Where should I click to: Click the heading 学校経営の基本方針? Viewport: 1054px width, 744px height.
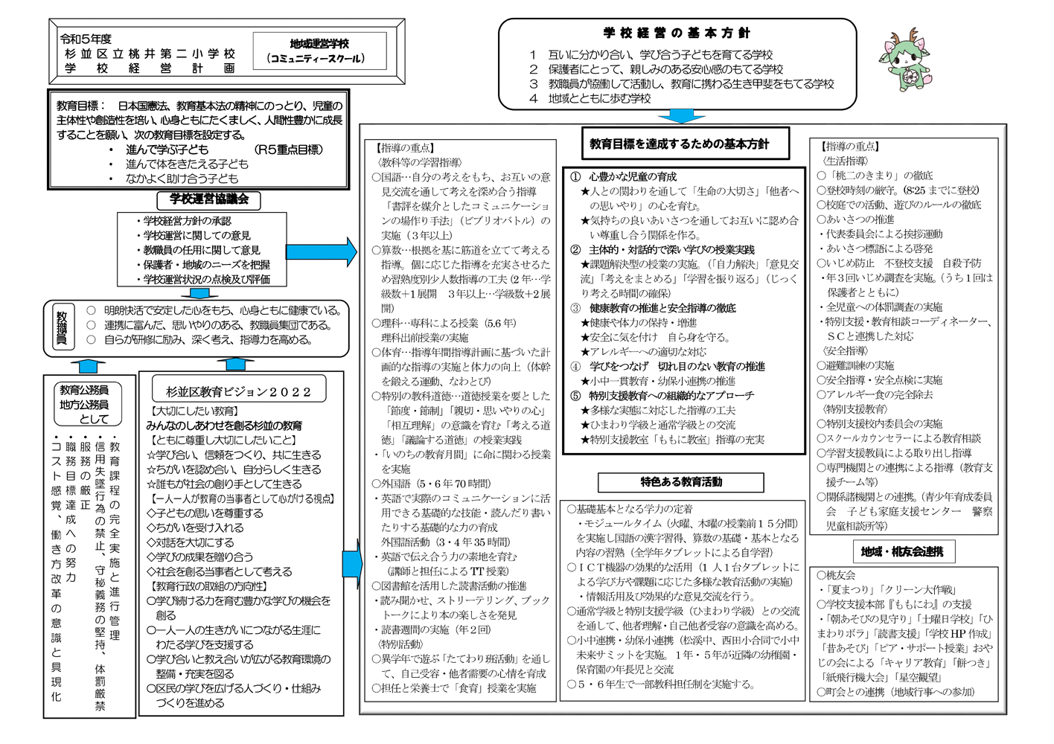pos(677,33)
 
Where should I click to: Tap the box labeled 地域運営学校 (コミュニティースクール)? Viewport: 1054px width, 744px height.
pos(319,51)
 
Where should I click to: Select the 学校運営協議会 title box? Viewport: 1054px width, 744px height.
pos(208,199)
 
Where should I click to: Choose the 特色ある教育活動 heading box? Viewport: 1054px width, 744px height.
pos(680,482)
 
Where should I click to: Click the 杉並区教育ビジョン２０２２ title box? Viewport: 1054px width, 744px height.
pos(238,391)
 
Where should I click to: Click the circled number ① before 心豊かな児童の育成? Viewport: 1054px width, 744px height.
pos(575,177)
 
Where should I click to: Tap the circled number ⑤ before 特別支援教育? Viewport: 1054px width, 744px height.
pos(575,396)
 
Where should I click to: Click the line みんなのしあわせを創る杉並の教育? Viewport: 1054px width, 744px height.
pos(224,426)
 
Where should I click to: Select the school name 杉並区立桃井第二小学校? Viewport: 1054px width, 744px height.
pos(150,54)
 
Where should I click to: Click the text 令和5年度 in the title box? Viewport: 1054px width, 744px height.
pos(86,39)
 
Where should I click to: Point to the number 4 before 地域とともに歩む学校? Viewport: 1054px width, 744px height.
pos(533,98)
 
